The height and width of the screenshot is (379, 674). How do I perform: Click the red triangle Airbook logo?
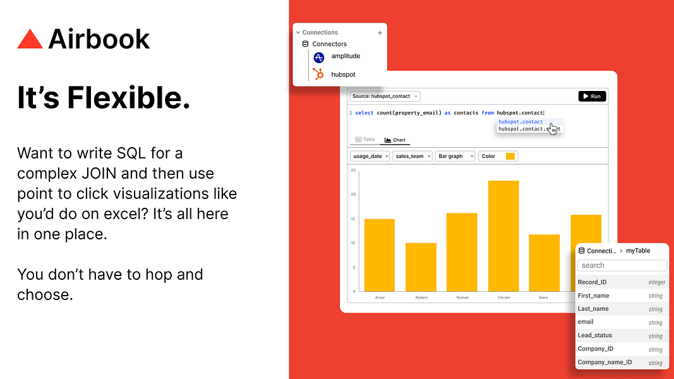click(x=30, y=39)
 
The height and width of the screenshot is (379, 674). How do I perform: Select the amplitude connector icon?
click(x=318, y=57)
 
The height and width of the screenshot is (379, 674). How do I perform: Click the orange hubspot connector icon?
click(x=318, y=75)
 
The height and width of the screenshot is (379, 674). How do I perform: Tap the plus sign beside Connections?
click(x=380, y=33)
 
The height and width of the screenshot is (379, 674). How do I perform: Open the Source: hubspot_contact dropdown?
click(x=385, y=96)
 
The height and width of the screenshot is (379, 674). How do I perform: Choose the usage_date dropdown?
click(x=370, y=156)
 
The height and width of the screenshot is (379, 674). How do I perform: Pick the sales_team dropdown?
click(x=412, y=156)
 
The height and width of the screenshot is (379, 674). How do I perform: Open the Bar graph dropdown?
click(x=455, y=156)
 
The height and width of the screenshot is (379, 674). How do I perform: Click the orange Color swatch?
click(x=510, y=156)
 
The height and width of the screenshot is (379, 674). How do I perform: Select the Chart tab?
click(x=395, y=140)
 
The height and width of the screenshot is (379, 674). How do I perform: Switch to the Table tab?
click(x=365, y=140)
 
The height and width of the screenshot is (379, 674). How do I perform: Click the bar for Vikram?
click(x=503, y=236)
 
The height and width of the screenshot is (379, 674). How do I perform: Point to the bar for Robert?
click(x=421, y=267)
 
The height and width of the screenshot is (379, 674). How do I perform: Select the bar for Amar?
click(x=380, y=255)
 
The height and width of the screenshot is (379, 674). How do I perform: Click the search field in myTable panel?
click(x=622, y=265)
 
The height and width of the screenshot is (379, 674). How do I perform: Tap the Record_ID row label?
click(x=592, y=282)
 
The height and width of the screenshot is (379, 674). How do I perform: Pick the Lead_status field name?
click(x=594, y=335)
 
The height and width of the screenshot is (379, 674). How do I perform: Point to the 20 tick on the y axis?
click(x=353, y=195)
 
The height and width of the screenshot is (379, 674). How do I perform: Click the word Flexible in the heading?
click(x=128, y=97)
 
